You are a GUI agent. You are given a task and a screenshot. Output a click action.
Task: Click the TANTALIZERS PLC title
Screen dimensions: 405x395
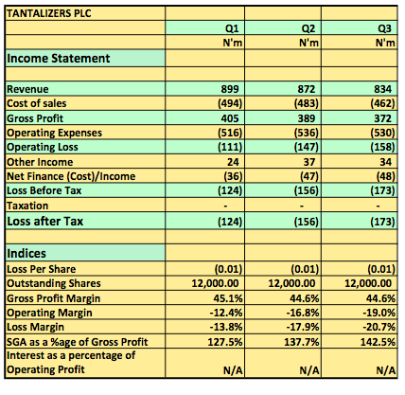click(49, 13)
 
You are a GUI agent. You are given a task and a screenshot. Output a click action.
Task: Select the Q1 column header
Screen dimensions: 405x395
click(232, 28)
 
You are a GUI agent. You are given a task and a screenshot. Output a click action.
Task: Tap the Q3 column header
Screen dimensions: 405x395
click(384, 28)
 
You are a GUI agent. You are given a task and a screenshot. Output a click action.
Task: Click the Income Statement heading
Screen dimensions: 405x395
click(59, 59)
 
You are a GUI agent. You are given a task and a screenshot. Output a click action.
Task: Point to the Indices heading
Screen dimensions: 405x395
click(26, 254)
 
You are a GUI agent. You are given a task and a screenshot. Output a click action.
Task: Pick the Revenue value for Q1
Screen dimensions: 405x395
click(230, 89)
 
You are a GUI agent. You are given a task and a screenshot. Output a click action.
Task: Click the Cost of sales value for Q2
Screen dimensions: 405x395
click(307, 103)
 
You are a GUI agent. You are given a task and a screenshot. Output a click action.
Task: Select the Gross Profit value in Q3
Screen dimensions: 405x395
click(383, 118)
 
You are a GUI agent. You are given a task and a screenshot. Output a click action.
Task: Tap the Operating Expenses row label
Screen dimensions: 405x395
click(54, 133)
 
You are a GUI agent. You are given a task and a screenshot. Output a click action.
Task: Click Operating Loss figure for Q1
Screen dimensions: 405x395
click(230, 147)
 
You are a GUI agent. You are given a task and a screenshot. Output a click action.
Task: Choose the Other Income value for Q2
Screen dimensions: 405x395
click(309, 162)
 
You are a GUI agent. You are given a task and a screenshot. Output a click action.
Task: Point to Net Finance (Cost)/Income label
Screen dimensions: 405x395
click(71, 176)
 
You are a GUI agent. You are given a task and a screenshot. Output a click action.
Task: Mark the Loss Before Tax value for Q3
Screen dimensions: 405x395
click(382, 190)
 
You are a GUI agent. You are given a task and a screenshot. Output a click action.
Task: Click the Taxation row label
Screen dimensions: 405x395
click(27, 206)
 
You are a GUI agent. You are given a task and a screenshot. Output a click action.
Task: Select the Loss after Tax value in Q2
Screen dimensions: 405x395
click(307, 222)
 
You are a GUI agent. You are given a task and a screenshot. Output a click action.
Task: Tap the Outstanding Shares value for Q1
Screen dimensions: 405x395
click(215, 283)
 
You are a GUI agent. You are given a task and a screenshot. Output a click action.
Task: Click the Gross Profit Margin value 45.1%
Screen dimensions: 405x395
click(228, 298)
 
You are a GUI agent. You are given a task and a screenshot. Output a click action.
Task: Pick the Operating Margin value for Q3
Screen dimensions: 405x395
click(379, 313)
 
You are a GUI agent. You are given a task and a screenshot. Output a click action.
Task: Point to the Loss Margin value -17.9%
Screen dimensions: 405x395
click(303, 327)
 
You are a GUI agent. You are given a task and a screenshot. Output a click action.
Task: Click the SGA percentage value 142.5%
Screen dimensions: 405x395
click(378, 342)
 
